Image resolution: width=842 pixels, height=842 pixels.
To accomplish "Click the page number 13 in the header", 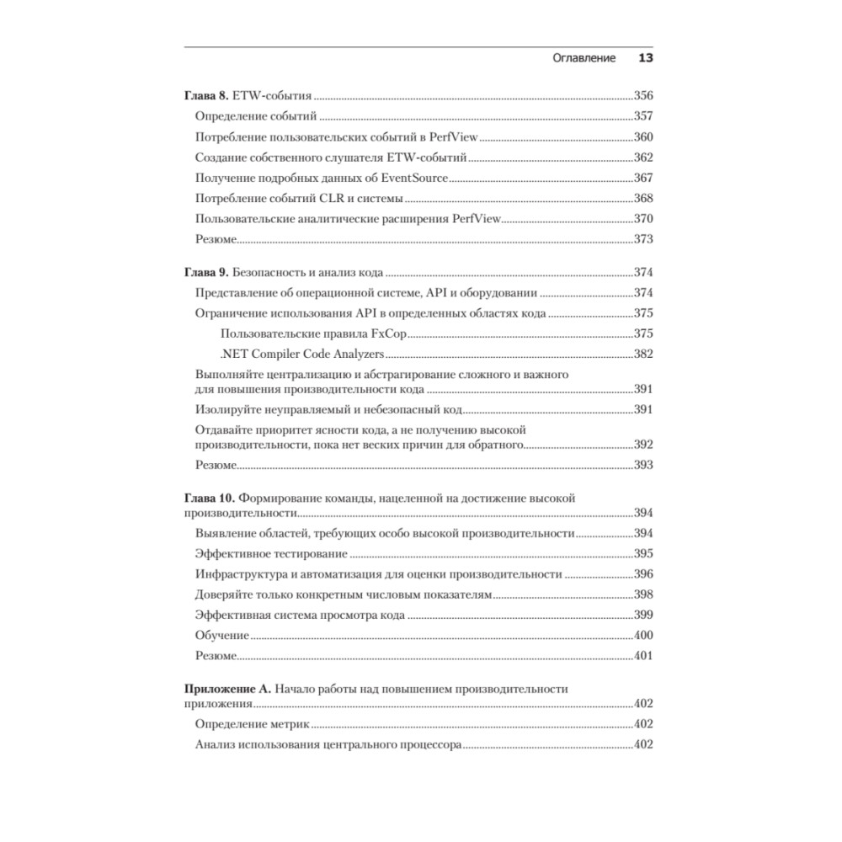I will pyautogui.click(x=647, y=59).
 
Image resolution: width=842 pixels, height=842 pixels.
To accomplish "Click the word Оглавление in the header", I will pyautogui.click(x=584, y=59).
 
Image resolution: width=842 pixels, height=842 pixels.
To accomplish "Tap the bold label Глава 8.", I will pyautogui.click(x=206, y=96).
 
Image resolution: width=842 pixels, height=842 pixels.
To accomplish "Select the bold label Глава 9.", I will pyautogui.click(x=206, y=274).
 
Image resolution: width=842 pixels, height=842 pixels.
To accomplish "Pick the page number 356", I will pyautogui.click(x=643, y=96).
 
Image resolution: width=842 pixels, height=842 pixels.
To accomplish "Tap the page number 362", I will pyautogui.click(x=643, y=157).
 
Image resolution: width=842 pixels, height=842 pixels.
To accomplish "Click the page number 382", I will pyautogui.click(x=643, y=354).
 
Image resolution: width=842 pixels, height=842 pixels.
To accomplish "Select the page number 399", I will pyautogui.click(x=643, y=616).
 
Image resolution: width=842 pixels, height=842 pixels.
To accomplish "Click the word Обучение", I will pyautogui.click(x=222, y=636).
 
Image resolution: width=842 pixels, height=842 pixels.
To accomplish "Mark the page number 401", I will pyautogui.click(x=643, y=656).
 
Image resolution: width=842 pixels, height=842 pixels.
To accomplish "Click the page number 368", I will pyautogui.click(x=643, y=199).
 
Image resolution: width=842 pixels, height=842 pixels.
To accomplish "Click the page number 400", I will pyautogui.click(x=643, y=636).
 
